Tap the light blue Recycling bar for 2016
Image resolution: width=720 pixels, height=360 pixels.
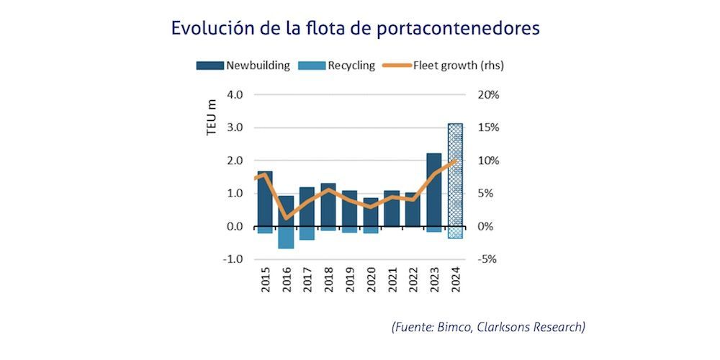(x=286, y=238)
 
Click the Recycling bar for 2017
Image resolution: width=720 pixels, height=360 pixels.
(x=307, y=233)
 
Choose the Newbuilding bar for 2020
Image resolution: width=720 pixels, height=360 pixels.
(x=370, y=212)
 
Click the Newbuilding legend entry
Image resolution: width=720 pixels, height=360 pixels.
(x=243, y=66)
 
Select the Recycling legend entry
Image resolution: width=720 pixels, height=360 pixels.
(x=341, y=66)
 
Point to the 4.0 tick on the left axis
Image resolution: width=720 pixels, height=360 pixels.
(x=235, y=94)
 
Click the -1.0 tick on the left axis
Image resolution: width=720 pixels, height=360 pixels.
(x=234, y=259)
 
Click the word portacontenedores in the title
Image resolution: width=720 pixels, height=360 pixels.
(x=461, y=29)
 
